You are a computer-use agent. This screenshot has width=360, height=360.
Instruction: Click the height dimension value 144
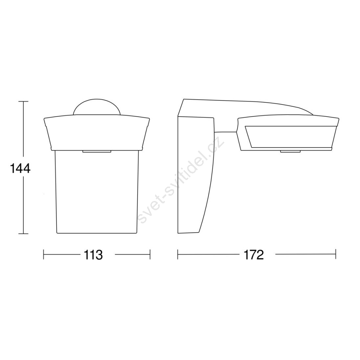pos(20,169)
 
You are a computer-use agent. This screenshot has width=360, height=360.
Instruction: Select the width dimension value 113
pos(93,255)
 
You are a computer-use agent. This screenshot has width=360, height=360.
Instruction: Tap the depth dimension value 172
pos(254,255)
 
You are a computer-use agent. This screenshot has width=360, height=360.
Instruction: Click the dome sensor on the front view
pos(97,107)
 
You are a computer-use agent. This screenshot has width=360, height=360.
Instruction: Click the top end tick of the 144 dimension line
pos(23,101)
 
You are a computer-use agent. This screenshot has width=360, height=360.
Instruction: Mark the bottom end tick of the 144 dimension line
pos(23,234)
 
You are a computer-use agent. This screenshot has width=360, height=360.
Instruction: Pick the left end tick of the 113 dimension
pos(44,254)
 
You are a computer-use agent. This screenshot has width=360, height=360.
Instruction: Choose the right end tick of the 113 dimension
pos(150,254)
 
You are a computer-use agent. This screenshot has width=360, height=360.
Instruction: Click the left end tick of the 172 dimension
pos(178,254)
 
